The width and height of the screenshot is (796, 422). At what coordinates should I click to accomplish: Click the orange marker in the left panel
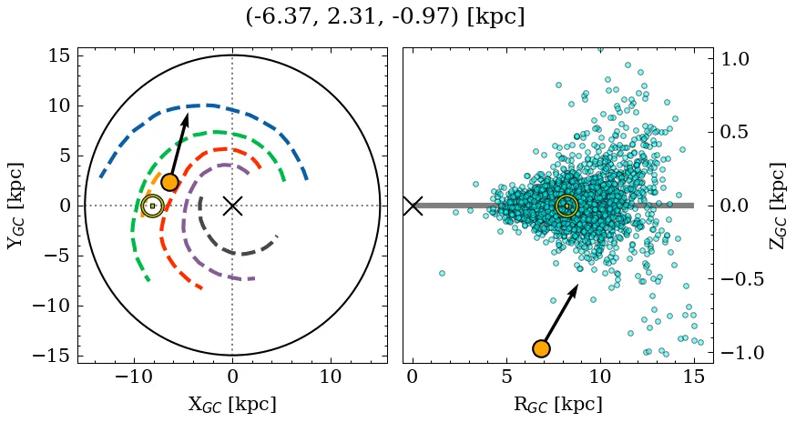(x=169, y=182)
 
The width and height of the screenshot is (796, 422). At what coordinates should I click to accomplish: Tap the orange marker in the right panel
(x=542, y=348)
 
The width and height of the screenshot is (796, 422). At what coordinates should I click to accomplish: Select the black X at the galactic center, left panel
(x=232, y=206)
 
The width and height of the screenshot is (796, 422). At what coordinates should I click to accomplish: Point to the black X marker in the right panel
(x=413, y=206)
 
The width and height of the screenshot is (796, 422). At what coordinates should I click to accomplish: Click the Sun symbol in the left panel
(x=152, y=206)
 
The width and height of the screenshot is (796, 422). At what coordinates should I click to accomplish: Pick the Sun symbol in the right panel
(x=566, y=206)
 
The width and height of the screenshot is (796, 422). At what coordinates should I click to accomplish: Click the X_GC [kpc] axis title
(x=232, y=404)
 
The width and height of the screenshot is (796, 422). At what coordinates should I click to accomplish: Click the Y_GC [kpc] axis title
(x=15, y=206)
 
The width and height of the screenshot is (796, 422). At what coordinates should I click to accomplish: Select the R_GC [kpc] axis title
(x=557, y=404)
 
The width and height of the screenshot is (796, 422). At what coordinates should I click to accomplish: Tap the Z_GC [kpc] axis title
(x=776, y=206)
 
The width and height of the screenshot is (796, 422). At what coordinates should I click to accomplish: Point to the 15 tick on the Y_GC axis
(x=58, y=56)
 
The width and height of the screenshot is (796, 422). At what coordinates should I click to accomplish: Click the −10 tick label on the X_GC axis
(x=132, y=377)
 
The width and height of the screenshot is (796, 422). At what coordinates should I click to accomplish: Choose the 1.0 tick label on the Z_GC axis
(x=741, y=59)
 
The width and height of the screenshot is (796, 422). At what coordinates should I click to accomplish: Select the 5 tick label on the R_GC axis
(x=506, y=377)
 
